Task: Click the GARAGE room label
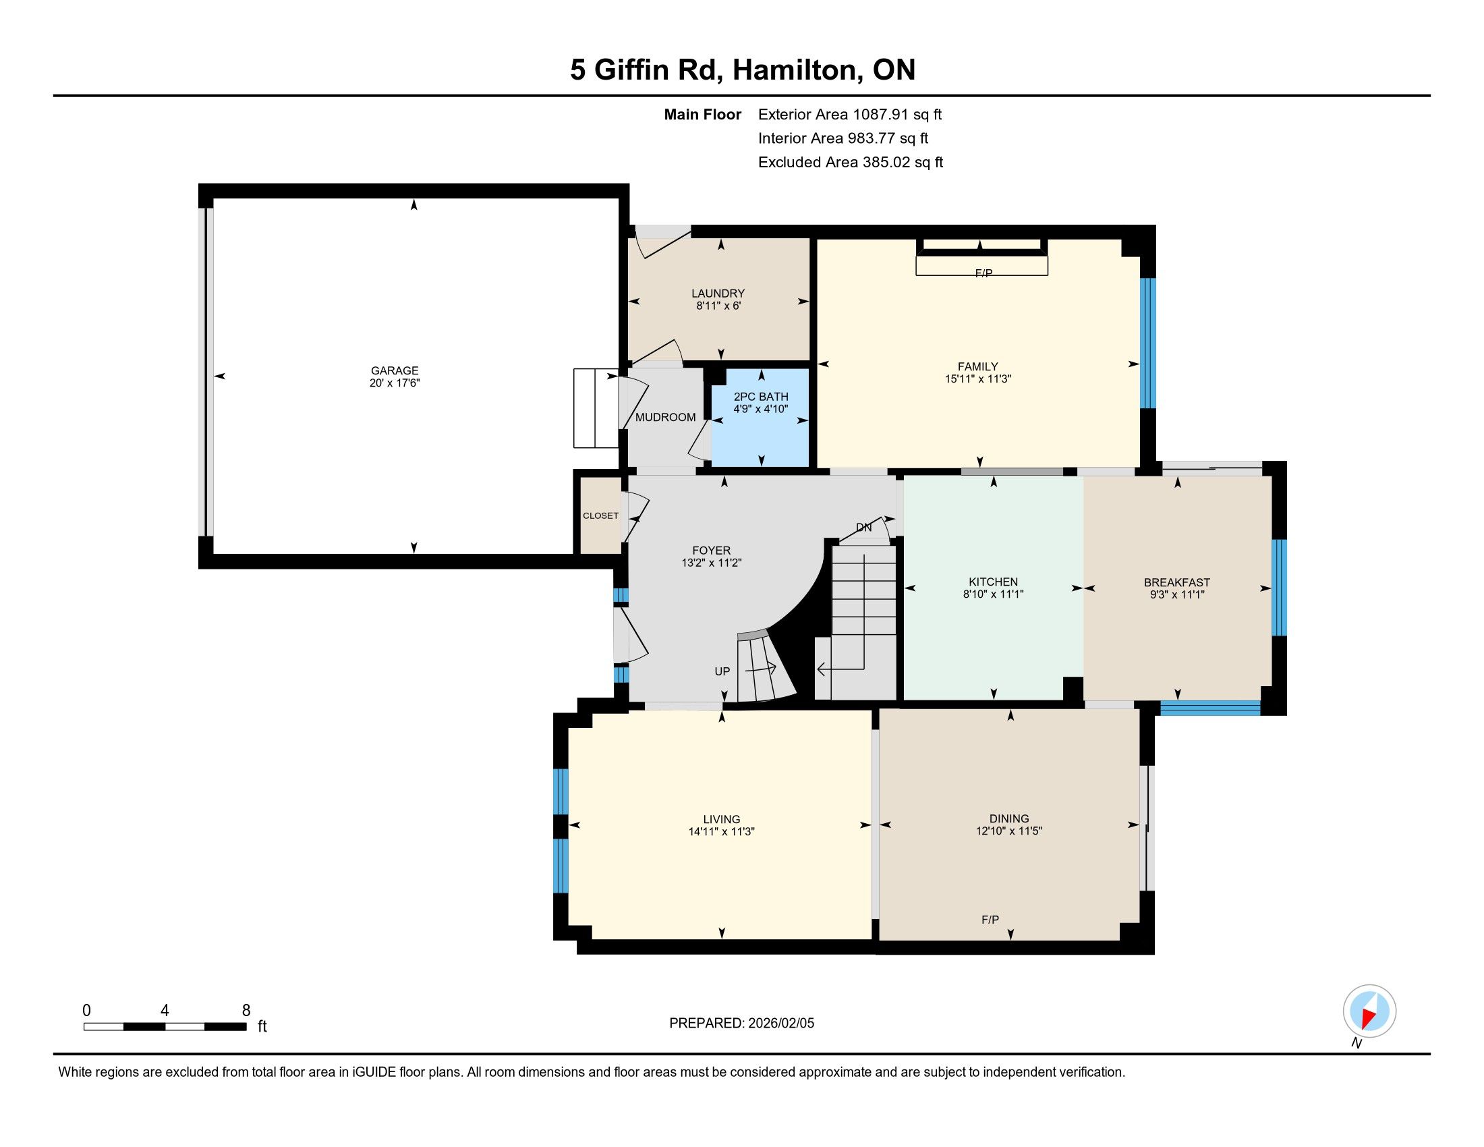coord(395,370)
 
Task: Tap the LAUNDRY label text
coord(718,293)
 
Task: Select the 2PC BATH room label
coord(761,397)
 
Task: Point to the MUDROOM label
coord(665,417)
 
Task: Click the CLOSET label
coord(600,515)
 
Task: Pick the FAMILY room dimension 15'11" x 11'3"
coord(978,379)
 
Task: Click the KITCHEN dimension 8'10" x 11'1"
coord(994,594)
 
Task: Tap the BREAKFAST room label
coord(1177,582)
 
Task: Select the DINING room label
coord(1009,819)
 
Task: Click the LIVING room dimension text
coord(722,831)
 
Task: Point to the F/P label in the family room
coord(984,273)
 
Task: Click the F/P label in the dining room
coord(990,920)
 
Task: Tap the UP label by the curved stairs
coord(722,671)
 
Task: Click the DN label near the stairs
coord(863,528)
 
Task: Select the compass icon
coord(1369,1011)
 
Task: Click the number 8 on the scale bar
coord(246,1011)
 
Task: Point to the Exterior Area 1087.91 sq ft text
coord(850,114)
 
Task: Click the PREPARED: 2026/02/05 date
coord(741,1024)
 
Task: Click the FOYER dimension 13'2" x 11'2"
coord(712,563)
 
